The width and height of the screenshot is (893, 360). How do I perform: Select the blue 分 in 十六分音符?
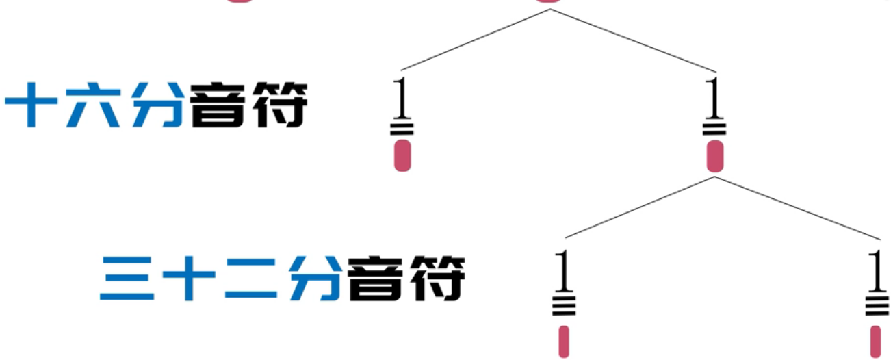click(157, 105)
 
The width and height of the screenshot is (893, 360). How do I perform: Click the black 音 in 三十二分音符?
click(374, 279)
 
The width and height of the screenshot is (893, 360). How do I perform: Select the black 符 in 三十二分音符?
click(435, 279)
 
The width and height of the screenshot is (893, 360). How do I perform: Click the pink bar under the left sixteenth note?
click(402, 155)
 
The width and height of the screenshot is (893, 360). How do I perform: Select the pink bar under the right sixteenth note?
click(715, 155)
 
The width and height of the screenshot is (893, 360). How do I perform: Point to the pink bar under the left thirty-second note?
click(564, 341)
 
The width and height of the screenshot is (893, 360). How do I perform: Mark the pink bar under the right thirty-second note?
click(875, 341)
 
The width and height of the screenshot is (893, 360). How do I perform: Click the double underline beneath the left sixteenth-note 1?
click(402, 127)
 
